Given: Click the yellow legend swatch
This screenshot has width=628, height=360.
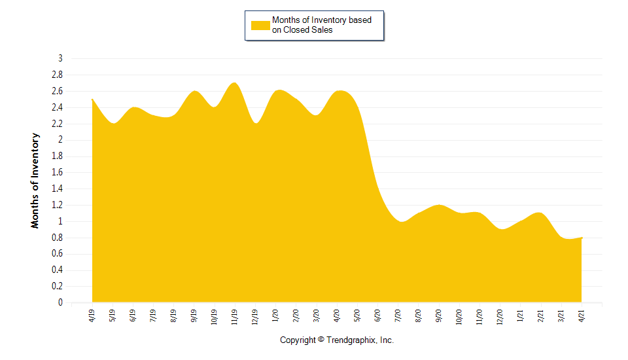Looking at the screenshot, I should pos(260,25).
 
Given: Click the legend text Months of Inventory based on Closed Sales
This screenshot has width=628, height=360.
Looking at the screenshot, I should pos(321,25).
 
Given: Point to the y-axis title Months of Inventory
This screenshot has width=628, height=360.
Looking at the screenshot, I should pos(35,181).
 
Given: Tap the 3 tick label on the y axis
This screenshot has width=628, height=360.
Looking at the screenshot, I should pos(60,58).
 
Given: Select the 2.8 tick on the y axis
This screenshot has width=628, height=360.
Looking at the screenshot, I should pos(58,75).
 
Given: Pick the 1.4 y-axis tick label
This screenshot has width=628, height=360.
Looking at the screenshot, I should pos(58,189).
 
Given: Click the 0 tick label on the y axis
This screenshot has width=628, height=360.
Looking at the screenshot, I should pos(60,303).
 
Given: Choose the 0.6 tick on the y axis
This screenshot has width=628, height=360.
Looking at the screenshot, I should pos(58,254).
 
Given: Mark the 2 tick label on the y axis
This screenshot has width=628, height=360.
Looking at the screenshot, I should pos(60,140).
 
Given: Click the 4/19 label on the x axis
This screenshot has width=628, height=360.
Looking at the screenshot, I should pos(92,315).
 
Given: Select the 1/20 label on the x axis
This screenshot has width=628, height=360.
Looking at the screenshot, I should pos(275,315).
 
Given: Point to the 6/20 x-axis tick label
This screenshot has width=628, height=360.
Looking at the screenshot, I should pos(377,315).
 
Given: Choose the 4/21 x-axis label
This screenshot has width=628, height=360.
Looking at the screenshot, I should pos(582,315).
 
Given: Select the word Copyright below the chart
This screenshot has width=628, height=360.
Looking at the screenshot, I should pos(298,340).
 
